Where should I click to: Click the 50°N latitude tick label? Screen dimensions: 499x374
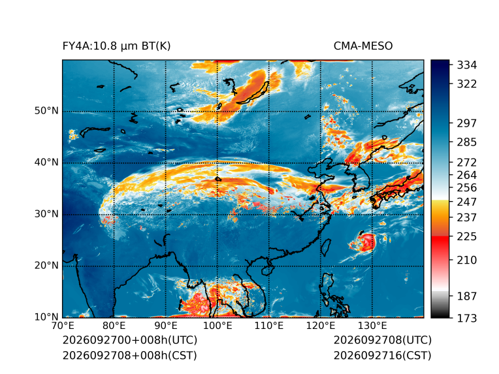click(x=46, y=111)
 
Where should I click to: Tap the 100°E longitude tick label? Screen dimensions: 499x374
click(x=217, y=326)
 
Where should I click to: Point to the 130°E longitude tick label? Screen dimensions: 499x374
click(x=372, y=326)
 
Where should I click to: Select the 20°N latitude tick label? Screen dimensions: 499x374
click(x=46, y=265)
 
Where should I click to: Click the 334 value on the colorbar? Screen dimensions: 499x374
click(x=467, y=65)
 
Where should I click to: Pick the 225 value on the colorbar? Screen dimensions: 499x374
click(x=467, y=237)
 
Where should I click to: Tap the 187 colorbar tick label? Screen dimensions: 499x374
click(x=467, y=296)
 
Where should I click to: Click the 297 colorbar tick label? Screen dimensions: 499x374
click(x=467, y=123)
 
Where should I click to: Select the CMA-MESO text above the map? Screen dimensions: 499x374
click(x=363, y=46)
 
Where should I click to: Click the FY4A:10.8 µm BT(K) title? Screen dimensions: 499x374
click(x=116, y=46)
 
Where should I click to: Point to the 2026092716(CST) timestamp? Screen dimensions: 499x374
click(x=383, y=355)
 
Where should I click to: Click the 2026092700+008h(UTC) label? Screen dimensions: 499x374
click(x=130, y=340)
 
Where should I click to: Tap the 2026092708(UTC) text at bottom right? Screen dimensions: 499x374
click(x=383, y=340)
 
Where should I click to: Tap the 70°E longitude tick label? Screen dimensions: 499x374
click(x=63, y=326)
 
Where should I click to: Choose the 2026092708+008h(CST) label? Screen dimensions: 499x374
click(x=130, y=355)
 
